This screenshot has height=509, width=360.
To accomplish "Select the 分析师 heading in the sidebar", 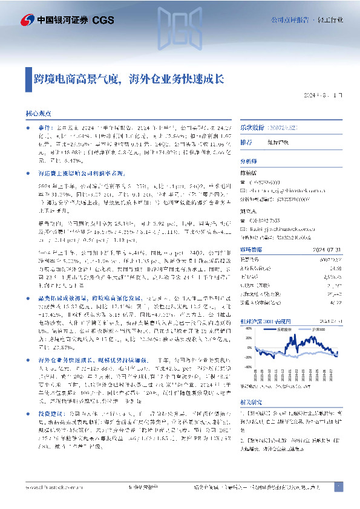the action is (249, 161).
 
